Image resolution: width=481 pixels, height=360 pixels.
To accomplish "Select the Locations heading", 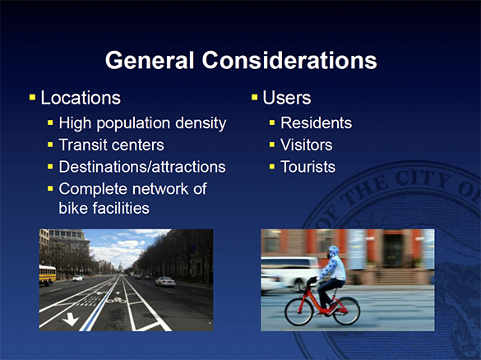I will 81,99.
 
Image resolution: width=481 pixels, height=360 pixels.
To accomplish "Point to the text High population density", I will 141,124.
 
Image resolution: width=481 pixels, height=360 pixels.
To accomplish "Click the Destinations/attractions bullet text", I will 141,167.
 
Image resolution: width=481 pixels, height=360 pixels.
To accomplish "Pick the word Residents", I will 316,124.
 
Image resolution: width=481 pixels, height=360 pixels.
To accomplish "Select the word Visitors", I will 306,145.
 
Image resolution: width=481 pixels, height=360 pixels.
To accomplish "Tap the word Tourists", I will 308,167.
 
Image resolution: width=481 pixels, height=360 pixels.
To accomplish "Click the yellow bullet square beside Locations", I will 32,99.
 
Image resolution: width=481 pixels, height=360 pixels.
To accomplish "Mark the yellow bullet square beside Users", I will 254,99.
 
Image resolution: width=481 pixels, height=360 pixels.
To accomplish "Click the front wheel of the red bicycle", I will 344,310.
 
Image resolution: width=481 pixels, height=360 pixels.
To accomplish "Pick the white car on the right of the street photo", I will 165,281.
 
